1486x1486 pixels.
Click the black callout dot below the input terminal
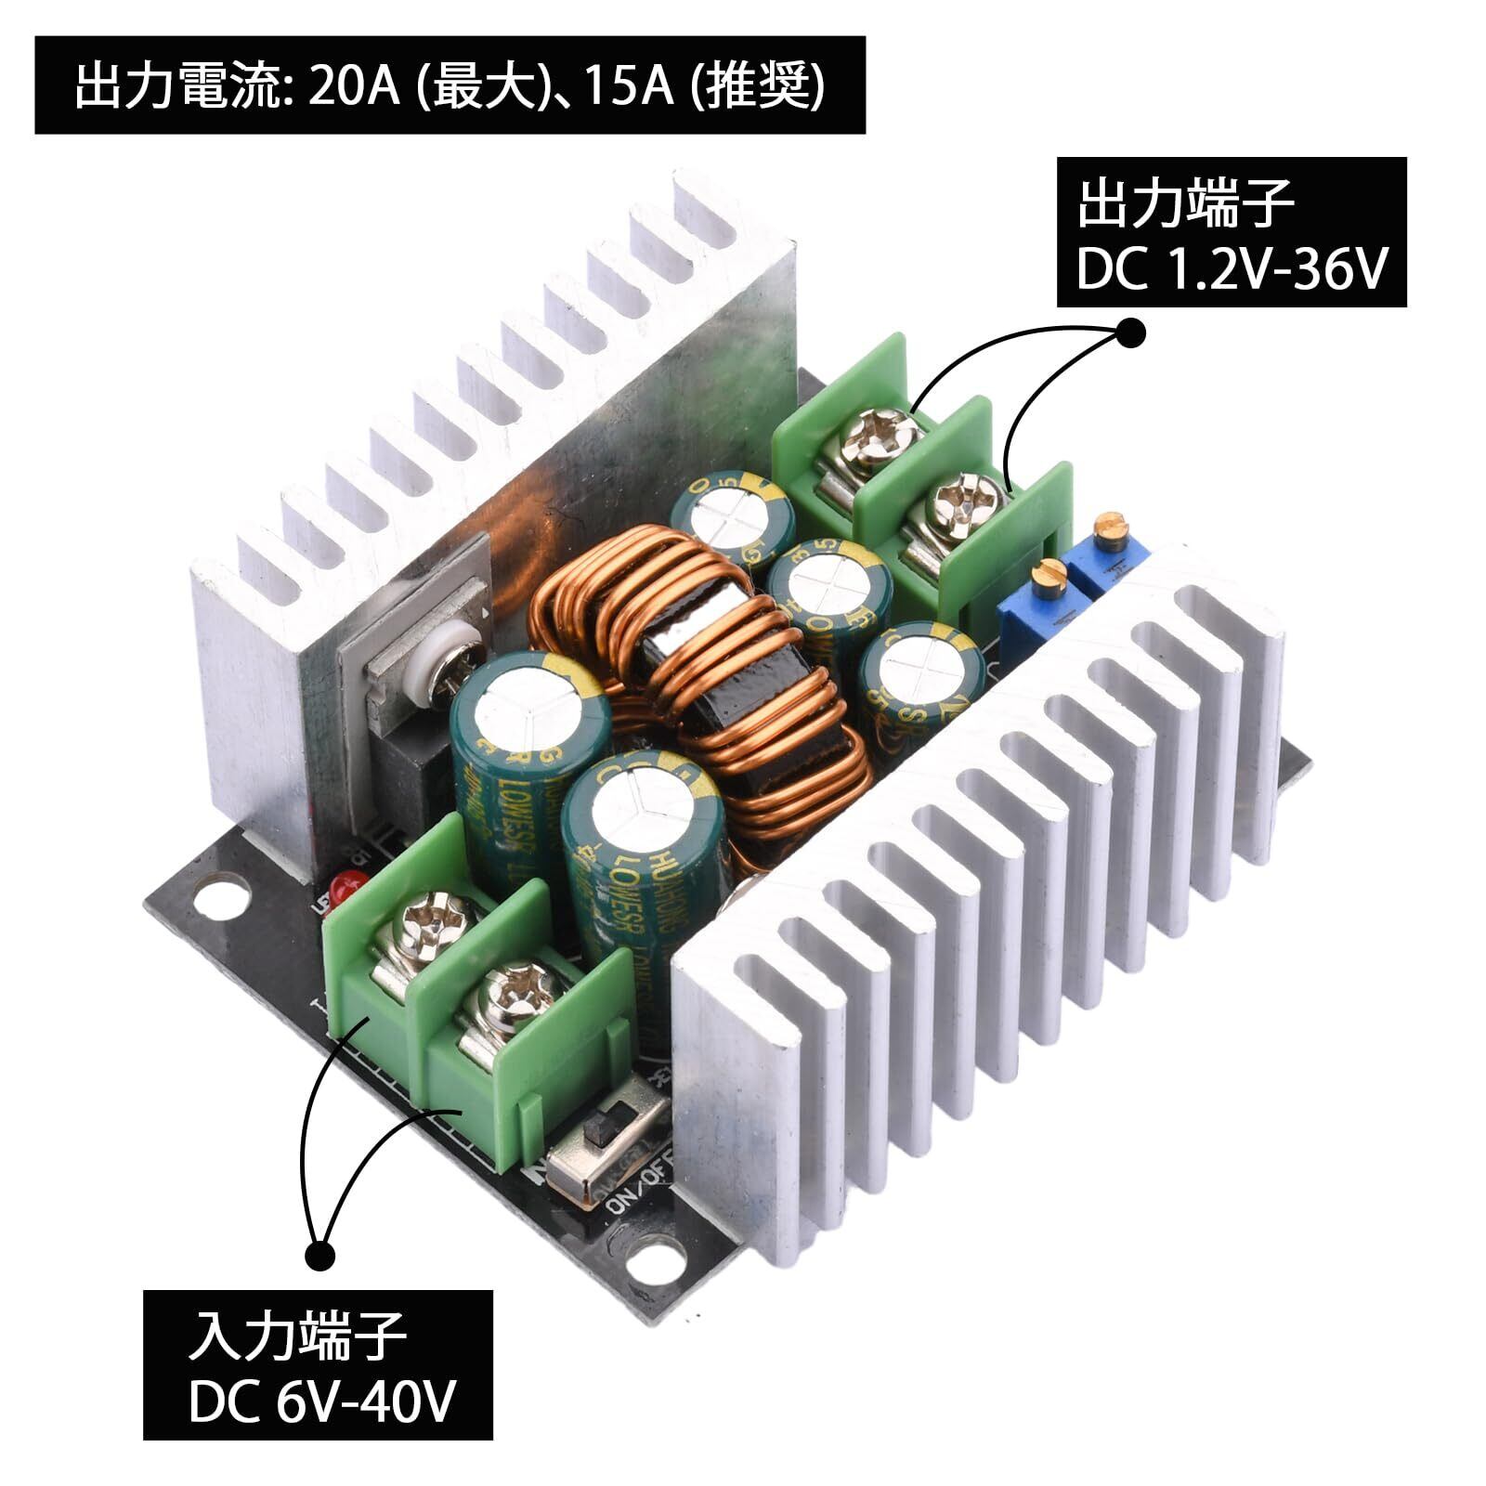click(320, 1255)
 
